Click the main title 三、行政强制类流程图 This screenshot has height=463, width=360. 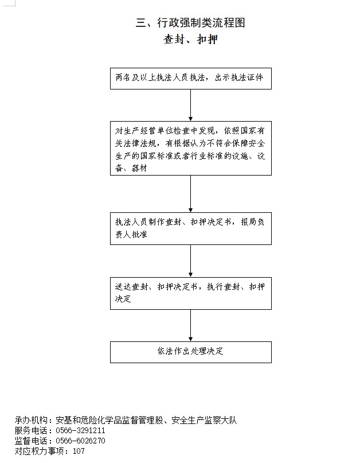(190, 22)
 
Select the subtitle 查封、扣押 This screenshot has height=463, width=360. (191, 39)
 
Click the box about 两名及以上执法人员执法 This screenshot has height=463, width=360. (191, 79)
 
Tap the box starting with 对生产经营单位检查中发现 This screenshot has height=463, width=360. (191, 148)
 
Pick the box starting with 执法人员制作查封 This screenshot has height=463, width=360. (191, 228)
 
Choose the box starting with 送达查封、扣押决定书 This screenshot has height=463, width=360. (191, 293)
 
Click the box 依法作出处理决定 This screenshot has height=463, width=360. (191, 352)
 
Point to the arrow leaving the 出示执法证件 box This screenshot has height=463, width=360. (191, 105)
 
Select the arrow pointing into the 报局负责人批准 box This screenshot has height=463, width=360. (191, 194)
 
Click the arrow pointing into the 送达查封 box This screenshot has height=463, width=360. (191, 261)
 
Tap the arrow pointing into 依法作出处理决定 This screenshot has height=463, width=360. (191, 325)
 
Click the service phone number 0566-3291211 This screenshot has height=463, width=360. (80, 430)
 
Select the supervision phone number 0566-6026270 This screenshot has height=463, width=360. (80, 441)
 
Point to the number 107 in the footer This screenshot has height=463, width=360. (79, 451)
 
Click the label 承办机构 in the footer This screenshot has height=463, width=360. (31, 420)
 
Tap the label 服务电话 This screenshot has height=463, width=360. (31, 430)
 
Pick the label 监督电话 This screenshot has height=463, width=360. (31, 441)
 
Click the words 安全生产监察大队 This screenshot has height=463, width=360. (204, 420)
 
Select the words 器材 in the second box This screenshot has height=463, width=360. (139, 168)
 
